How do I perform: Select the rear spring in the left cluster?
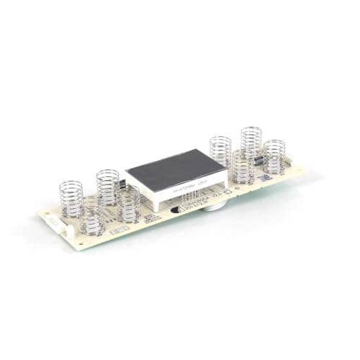pos(107,186)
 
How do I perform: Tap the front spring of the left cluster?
pos(93,217)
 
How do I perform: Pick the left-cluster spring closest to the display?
pos(129,204)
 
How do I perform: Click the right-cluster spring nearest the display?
pos(220,151)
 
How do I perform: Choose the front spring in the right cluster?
pos(243,167)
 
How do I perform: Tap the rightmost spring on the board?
pos(274,156)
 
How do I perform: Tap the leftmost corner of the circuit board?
pos(40,216)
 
